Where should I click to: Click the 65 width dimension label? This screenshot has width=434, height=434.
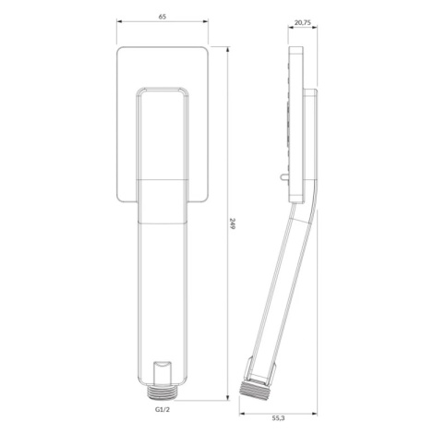tap(163, 17)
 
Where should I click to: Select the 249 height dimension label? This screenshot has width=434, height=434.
tap(233, 224)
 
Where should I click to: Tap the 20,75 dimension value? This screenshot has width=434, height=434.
tap(303, 23)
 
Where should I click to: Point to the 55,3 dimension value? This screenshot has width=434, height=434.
tap(278, 417)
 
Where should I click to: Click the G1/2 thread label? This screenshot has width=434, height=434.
tap(163, 409)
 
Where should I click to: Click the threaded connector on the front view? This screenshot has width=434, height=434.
tap(162, 392)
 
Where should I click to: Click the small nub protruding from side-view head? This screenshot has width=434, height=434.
tap(284, 177)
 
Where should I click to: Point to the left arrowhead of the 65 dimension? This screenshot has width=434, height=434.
tap(119, 21)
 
